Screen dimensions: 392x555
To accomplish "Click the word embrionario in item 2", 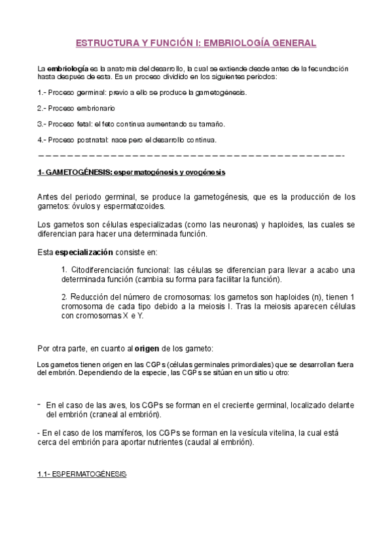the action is click(x=97, y=107).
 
